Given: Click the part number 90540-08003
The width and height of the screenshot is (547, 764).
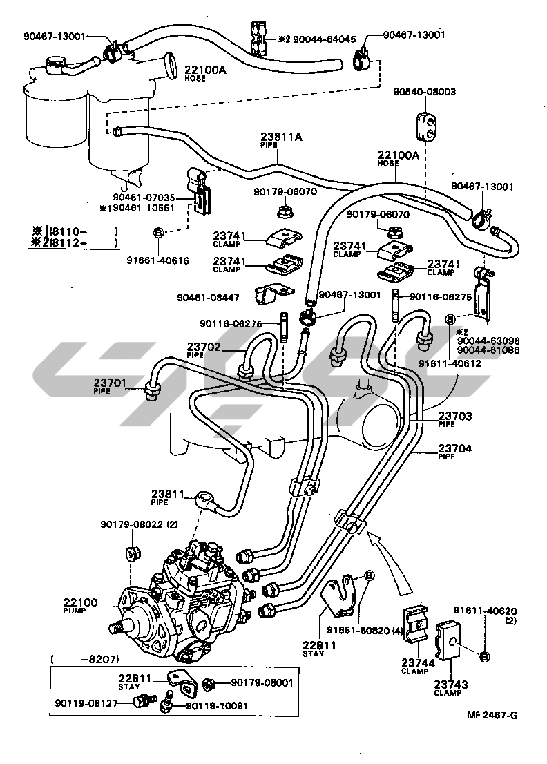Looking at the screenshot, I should click(425, 92).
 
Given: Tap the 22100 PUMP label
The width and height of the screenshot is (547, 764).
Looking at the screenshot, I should click(80, 605).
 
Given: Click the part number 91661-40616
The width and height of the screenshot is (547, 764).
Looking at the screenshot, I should click(157, 260).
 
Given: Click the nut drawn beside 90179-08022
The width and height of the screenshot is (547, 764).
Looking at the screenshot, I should click(131, 554).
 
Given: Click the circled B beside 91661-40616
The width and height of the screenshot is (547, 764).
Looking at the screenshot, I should click(157, 233).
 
